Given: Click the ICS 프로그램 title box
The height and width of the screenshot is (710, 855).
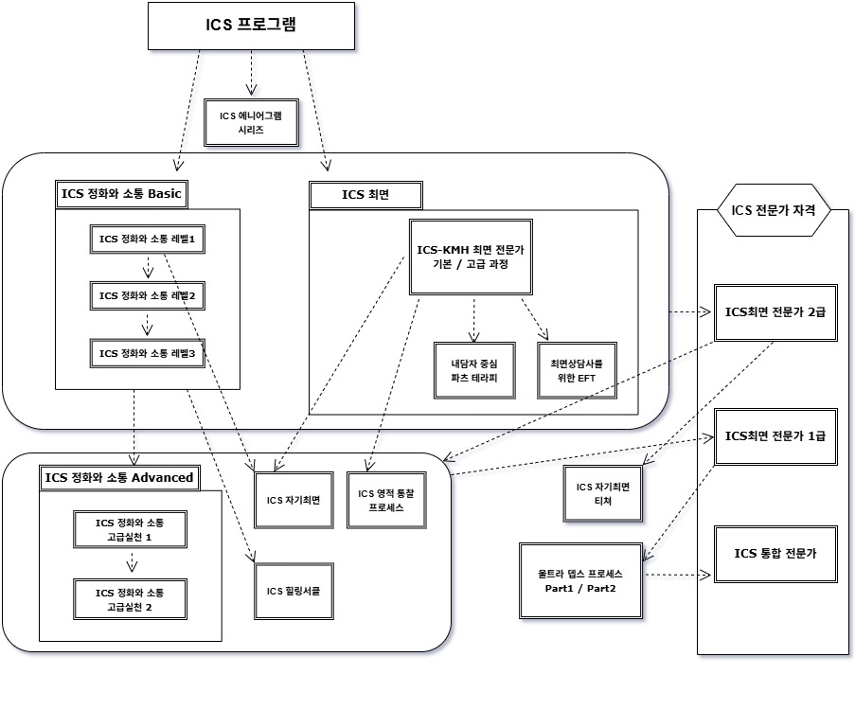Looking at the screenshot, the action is [251, 27].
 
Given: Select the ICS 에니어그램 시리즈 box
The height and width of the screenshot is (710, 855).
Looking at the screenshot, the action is [251, 123].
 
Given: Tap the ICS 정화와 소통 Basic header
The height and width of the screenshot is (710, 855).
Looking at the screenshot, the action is [121, 194].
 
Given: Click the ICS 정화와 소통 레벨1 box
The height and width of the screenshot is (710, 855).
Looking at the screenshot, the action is [147, 239].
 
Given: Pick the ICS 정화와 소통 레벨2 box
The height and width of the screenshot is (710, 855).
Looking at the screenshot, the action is [147, 295].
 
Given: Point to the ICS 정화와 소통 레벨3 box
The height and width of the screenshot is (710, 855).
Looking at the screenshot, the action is [147, 353].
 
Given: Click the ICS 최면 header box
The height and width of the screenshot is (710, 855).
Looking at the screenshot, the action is [365, 195].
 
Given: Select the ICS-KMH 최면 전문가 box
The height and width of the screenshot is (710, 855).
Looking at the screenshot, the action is [471, 257].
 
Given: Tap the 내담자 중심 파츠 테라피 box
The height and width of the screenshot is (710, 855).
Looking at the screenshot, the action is [474, 370].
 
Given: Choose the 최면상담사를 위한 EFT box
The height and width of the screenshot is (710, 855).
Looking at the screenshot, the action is [577, 370].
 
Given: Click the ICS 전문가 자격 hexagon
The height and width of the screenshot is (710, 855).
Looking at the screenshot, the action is [774, 210].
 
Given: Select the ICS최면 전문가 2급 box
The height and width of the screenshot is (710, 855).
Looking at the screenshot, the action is [775, 312].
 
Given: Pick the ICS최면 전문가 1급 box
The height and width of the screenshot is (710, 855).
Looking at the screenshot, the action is [775, 436].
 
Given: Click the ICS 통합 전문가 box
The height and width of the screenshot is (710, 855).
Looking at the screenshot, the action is [775, 554].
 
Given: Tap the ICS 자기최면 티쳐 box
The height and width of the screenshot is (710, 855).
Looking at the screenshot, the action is [603, 493].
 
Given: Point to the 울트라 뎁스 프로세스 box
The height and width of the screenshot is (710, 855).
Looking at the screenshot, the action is [580, 580].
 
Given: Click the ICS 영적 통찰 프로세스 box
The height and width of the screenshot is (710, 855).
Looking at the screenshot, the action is [386, 500].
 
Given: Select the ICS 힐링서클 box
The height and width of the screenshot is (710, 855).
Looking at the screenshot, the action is [294, 591].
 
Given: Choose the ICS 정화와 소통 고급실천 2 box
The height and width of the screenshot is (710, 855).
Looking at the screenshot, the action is [130, 599].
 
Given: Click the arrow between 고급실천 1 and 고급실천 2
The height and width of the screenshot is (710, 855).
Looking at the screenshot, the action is [131, 563].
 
